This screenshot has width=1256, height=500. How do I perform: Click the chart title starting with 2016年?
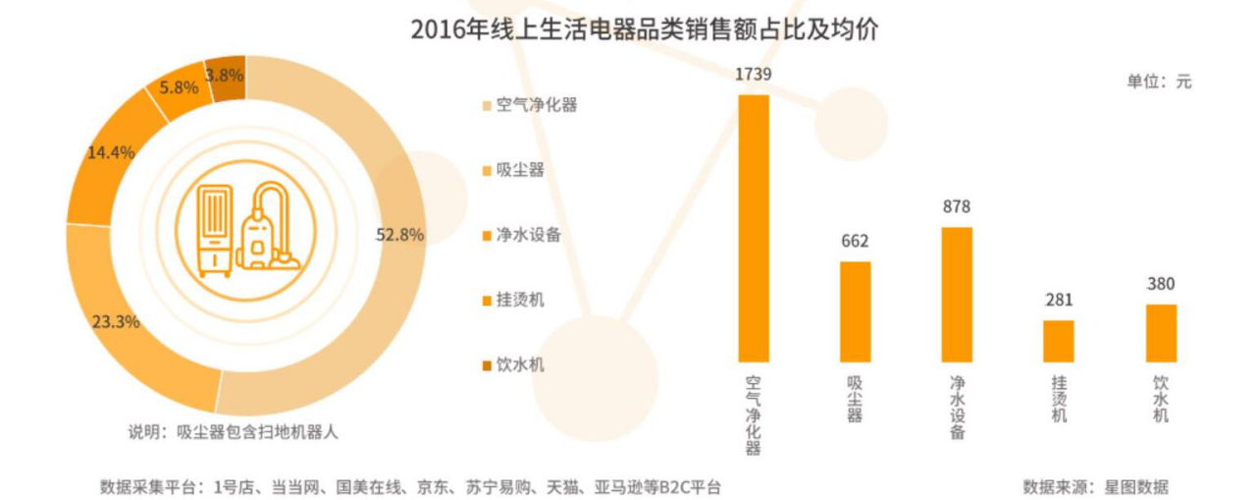pyautogui.click(x=644, y=30)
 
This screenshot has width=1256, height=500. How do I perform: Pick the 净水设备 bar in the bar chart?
pyautogui.click(x=957, y=295)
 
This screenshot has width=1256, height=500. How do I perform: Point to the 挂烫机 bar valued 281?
pyautogui.click(x=1058, y=341)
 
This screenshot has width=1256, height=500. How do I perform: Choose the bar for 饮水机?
pyautogui.click(x=1161, y=333)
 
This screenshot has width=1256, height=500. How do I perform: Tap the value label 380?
pyautogui.click(x=1161, y=284)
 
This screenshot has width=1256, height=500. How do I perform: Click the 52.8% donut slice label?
pyautogui.click(x=399, y=235)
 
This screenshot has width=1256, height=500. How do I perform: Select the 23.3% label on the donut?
pyautogui.click(x=116, y=321)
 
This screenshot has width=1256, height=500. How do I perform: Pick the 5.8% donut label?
pyautogui.click(x=178, y=87)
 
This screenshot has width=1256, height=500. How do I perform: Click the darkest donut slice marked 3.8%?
pyautogui.click(x=225, y=76)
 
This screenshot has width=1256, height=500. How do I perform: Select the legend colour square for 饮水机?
pyautogui.click(x=486, y=365)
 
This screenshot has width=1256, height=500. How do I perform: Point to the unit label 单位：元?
pyautogui.click(x=1159, y=83)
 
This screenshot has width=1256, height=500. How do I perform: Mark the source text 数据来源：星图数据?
pyautogui.click(x=1095, y=486)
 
